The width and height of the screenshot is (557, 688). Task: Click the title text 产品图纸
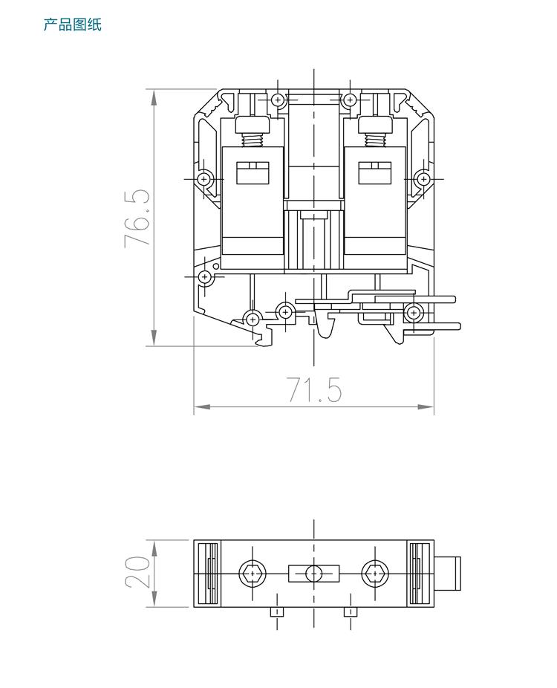[x=72, y=25]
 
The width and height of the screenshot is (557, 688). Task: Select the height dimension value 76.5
[x=138, y=218]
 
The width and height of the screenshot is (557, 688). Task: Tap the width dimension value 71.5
[x=315, y=390]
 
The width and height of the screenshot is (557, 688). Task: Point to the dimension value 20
[x=138, y=574]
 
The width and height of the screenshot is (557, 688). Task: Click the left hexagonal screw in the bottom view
[x=253, y=574]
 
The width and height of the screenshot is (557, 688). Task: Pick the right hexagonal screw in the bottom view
[x=374, y=574]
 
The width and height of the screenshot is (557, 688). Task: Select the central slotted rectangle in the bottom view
[x=313, y=574]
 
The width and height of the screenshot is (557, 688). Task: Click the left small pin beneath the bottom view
[x=276, y=612]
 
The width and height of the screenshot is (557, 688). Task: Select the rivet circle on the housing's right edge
[x=423, y=179]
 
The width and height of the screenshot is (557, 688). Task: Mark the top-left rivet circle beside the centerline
[x=278, y=99]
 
